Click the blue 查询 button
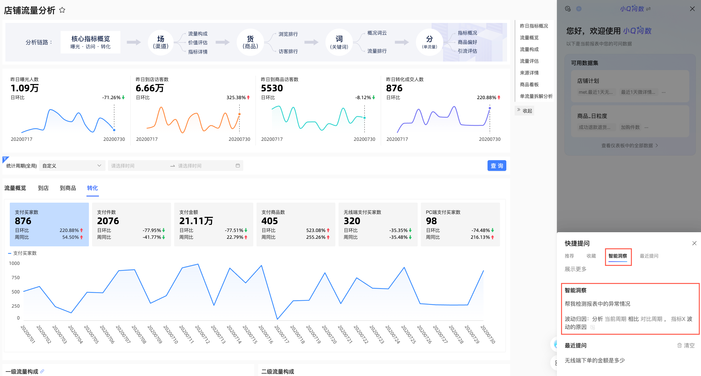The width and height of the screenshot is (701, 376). click(496, 166)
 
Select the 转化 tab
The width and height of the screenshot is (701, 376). click(92, 188)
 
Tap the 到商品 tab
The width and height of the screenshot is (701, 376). click(68, 188)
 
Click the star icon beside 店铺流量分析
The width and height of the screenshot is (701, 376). click(62, 10)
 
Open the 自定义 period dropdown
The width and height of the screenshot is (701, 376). click(72, 166)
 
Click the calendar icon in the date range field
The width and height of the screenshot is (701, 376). click(238, 166)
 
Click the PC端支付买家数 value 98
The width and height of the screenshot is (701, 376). click(431, 221)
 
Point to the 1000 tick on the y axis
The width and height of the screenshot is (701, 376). click(14, 263)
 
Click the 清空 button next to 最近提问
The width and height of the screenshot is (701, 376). click(686, 345)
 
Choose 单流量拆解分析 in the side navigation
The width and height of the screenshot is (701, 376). click(536, 96)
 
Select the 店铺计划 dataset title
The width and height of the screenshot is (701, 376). click(588, 81)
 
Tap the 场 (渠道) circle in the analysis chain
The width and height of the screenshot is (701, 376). click(160, 42)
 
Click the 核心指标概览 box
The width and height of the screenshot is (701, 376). click(90, 42)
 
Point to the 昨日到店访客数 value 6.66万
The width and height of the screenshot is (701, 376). click(150, 88)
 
